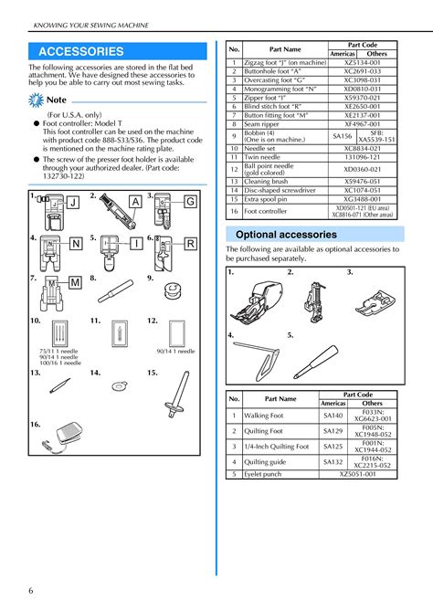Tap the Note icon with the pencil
[x=37, y=99]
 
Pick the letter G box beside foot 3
[x=190, y=201]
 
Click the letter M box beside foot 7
[x=74, y=284]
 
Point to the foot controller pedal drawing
[x=53, y=437]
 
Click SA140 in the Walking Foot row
[x=332, y=416]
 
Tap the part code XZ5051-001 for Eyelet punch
[x=357, y=475]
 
